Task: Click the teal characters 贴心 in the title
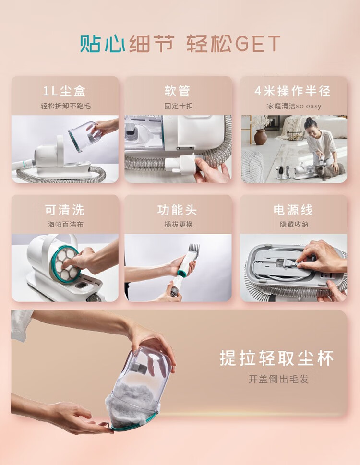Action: (x=103, y=44)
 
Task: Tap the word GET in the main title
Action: (x=257, y=44)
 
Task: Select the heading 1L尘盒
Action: (x=65, y=91)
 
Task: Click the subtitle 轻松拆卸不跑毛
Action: (x=66, y=106)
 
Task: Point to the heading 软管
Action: (x=178, y=91)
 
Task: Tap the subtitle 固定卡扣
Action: (x=179, y=106)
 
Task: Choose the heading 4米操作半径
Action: (x=293, y=91)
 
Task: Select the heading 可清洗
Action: (x=65, y=210)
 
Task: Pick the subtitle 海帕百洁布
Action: (x=66, y=224)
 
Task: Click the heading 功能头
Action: (x=177, y=210)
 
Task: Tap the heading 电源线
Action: (x=293, y=210)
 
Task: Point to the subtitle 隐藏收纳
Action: (x=294, y=224)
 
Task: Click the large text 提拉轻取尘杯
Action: (x=276, y=358)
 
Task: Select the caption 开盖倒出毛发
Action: (x=279, y=379)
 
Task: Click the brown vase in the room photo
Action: (x=261, y=137)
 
